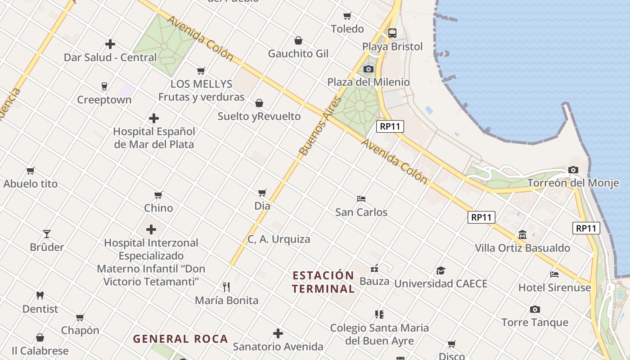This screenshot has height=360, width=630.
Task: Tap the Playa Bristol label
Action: click(392, 46)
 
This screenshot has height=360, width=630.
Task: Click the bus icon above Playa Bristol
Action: click(392, 33)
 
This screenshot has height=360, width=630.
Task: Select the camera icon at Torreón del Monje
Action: click(573, 170)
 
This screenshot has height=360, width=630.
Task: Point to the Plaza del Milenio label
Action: click(369, 82)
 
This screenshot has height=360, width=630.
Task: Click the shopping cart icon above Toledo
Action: click(347, 16)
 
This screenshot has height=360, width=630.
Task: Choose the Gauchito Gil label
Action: click(298, 54)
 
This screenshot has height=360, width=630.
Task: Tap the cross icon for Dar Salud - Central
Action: click(110, 44)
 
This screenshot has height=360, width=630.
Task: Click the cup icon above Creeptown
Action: click(104, 86)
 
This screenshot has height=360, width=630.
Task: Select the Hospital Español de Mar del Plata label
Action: click(154, 138)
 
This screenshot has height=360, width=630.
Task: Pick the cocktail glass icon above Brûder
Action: click(47, 234)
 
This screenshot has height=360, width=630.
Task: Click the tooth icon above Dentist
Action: click(40, 296)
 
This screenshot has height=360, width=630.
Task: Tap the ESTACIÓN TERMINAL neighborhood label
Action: click(323, 282)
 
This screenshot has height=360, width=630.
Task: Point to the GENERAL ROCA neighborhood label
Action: click(180, 339)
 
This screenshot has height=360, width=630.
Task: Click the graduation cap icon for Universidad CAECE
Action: click(441, 270)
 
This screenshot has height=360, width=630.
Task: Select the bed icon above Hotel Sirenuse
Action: click(554, 274)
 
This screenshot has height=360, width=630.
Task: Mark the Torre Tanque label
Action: click(535, 322)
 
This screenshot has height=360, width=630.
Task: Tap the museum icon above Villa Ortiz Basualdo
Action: click(522, 234)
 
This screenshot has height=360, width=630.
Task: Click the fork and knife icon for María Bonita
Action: click(226, 287)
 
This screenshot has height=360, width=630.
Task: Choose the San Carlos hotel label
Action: click(361, 212)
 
